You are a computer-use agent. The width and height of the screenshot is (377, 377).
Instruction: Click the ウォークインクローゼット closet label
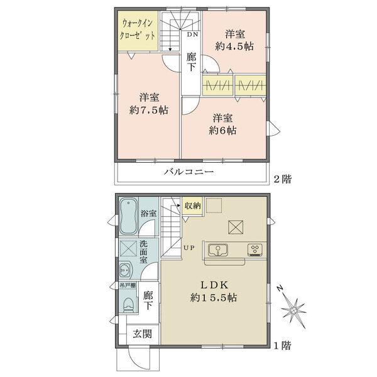point(137,30)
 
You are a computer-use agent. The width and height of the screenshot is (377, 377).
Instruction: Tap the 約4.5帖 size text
point(234,46)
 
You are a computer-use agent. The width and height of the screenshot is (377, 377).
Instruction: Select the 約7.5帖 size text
point(149,110)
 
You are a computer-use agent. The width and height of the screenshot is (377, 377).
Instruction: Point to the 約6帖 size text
point(222,130)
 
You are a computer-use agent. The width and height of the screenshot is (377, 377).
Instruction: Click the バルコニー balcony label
point(189,172)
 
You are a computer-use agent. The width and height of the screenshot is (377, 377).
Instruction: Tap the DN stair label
point(193,35)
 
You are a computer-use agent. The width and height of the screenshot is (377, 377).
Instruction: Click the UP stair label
point(189,248)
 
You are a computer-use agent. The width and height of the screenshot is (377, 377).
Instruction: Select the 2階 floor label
point(283,179)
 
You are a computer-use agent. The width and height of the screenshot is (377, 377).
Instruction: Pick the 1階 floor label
point(283,346)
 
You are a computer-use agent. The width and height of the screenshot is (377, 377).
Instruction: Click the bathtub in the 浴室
point(129,216)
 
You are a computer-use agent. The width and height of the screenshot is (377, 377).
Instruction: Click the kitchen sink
point(218,250)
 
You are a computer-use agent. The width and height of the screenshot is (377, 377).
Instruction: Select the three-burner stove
point(255,250)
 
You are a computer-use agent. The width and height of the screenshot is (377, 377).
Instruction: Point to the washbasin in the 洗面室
point(125,270)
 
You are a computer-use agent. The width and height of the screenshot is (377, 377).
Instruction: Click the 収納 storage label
point(193,205)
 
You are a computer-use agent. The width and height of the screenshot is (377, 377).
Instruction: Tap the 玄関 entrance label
point(143,334)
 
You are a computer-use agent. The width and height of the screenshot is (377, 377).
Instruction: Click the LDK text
point(214,285)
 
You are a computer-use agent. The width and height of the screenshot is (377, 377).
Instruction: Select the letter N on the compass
point(280,288)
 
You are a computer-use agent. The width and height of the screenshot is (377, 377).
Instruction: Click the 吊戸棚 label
point(128,285)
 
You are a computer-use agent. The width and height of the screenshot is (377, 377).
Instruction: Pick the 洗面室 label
point(143,252)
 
